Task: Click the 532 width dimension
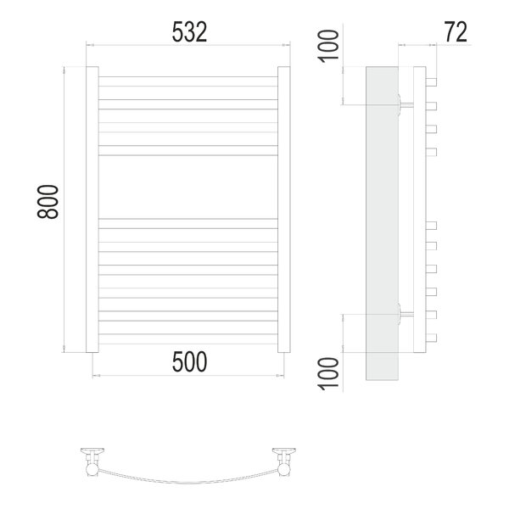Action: coord(189,32)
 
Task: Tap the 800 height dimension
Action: coord(48,202)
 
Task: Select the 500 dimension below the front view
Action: coord(189,362)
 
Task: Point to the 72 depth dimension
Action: coord(456,32)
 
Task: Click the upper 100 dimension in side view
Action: coord(328,46)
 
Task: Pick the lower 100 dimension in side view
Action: coord(328,373)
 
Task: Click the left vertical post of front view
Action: coord(92,210)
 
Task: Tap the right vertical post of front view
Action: coord(284,210)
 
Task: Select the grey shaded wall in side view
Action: coord(382,223)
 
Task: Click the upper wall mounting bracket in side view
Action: coord(405,104)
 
